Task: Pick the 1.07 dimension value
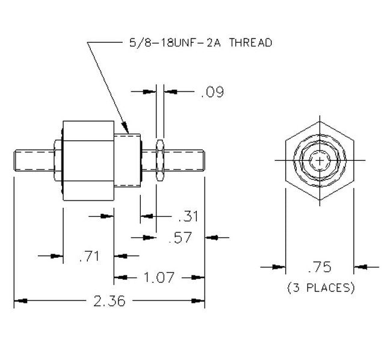tap(159, 278)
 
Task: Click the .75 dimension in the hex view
tap(319, 267)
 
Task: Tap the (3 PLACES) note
tap(319, 287)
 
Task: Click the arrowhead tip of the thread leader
tap(127, 131)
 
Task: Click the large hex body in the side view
tap(88, 161)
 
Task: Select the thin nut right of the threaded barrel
tap(159, 161)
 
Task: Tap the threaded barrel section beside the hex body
tap(127, 161)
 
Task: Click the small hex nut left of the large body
tap(57, 161)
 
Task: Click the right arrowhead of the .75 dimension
tap(357, 267)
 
